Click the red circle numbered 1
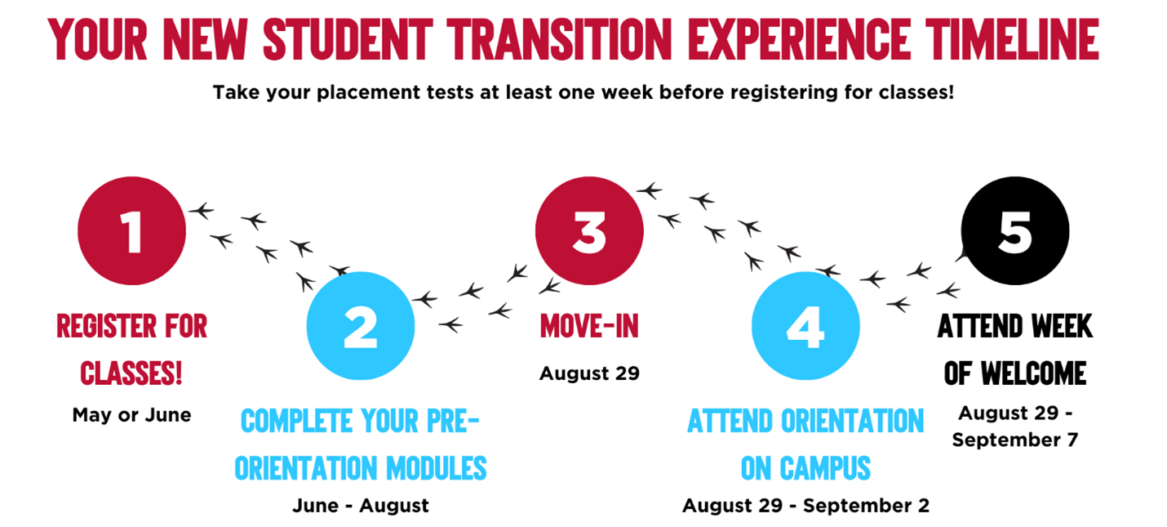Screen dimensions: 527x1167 pos(131,230)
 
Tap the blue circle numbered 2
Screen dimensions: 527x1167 pos(360,325)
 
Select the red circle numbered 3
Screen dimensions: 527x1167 pos(588,230)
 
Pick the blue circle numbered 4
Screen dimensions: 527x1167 pos(805,325)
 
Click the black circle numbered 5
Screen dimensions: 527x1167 pos(1014,230)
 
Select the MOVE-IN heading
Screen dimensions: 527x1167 pos(588,327)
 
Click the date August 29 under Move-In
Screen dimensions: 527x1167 pos(589,373)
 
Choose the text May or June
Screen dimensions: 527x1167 pos(131,415)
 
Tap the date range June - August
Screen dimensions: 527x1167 pos(360,506)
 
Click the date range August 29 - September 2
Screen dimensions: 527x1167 pos(805,506)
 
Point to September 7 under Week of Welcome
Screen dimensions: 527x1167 pos(1014,440)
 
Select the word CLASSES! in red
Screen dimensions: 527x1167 pos(131,373)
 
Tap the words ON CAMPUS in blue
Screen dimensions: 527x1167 pos(805,468)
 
